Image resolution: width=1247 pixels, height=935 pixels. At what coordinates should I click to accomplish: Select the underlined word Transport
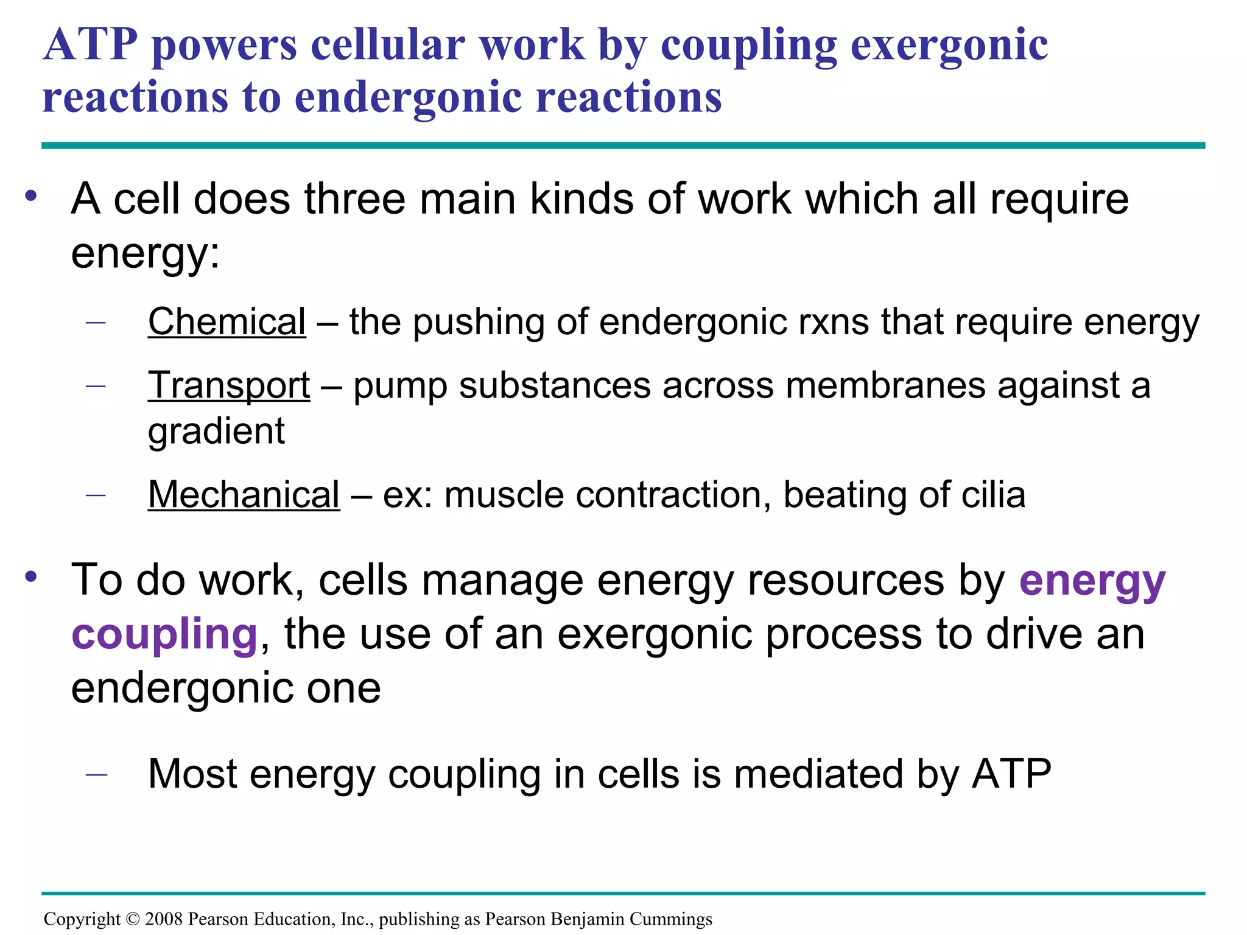[x=229, y=386]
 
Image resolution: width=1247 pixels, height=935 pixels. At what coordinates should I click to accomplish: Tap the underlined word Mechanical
[x=244, y=494]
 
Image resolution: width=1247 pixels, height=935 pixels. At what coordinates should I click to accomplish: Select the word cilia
[x=993, y=494]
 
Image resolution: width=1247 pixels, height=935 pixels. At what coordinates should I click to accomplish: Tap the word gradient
[x=216, y=432]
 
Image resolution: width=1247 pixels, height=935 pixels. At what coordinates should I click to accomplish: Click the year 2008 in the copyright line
[x=164, y=919]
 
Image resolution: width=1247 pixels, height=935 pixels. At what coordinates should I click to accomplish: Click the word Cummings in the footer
[x=670, y=919]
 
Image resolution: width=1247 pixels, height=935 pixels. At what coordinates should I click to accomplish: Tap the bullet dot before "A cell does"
[x=31, y=196]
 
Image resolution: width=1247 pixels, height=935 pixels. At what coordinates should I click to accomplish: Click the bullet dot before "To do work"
[x=31, y=576]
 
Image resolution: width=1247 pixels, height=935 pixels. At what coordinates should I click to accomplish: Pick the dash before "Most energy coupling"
[x=96, y=774]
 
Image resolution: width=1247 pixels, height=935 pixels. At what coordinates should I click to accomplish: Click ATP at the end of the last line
[x=1011, y=774]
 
